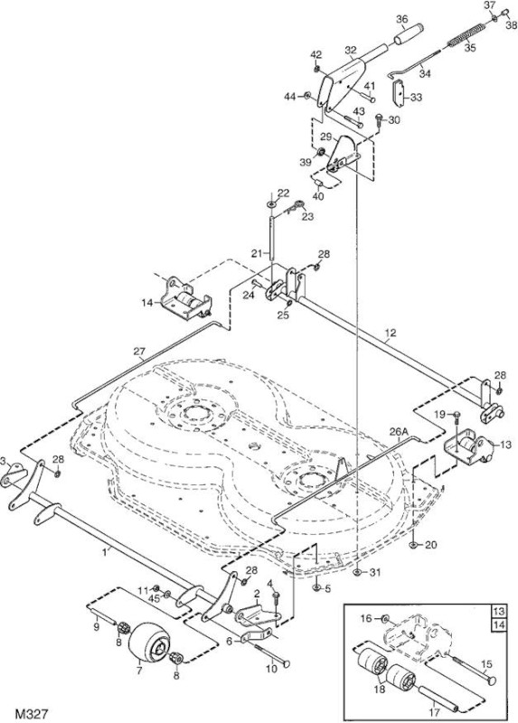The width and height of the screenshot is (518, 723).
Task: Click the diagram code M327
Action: (x=32, y=714)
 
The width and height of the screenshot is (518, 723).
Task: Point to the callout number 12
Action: (x=391, y=333)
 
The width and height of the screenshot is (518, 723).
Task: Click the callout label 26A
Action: (x=400, y=432)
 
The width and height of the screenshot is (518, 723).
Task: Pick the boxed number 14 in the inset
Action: (x=499, y=624)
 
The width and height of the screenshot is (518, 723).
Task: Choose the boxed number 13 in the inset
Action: (x=499, y=612)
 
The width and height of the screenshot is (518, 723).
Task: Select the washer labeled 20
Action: (x=413, y=546)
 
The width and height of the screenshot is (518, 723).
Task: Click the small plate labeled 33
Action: (x=398, y=92)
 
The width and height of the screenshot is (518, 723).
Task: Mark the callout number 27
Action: (x=139, y=352)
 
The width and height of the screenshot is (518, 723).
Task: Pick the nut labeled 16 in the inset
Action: (x=386, y=618)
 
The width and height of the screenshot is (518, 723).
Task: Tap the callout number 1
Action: (x=105, y=551)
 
